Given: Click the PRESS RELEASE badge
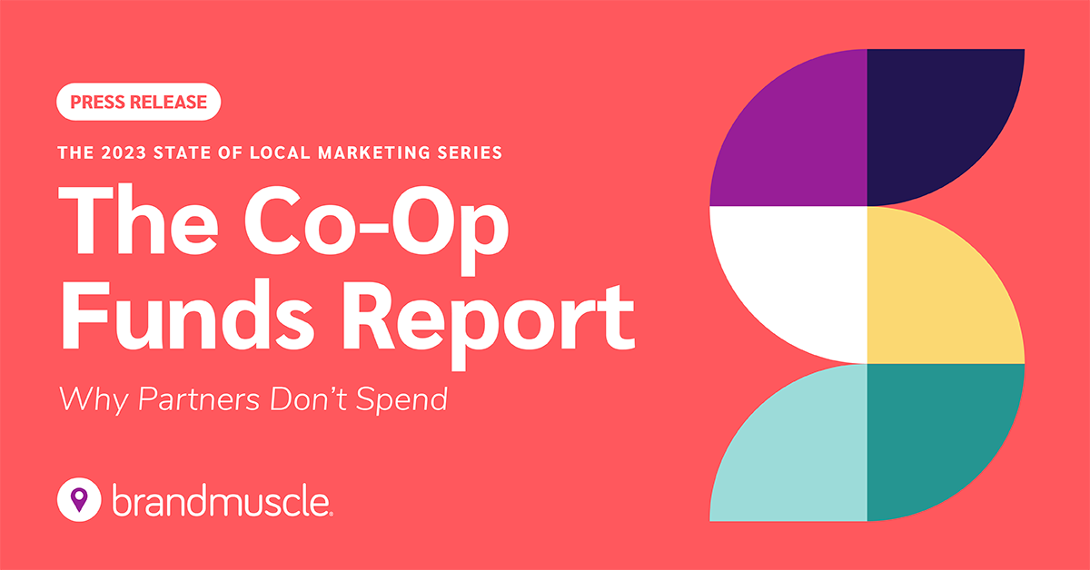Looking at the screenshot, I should [x=139, y=103].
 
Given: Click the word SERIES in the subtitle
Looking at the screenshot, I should [x=470, y=153].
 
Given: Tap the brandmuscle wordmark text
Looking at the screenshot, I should [x=223, y=497].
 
